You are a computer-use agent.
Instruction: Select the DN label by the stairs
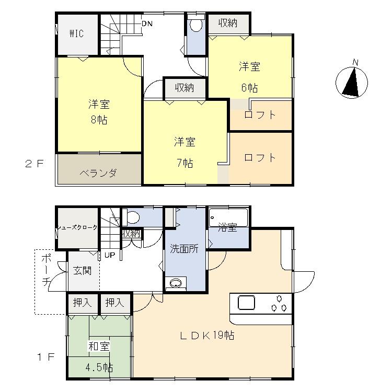(147, 24)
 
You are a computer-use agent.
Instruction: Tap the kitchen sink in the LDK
(246, 303)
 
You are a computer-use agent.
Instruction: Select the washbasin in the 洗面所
(176, 284)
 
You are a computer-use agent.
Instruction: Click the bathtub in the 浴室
(228, 216)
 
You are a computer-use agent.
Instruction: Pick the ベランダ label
(98, 173)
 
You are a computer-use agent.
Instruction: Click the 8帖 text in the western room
(99, 120)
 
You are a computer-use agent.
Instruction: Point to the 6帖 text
(250, 87)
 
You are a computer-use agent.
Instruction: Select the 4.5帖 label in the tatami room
(99, 367)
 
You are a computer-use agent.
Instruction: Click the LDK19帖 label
(207, 336)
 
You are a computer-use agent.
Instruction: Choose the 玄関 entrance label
(82, 271)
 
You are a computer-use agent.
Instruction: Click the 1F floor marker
(45, 358)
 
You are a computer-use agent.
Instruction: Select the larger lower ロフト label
(260, 157)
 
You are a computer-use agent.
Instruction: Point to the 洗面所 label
(184, 249)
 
